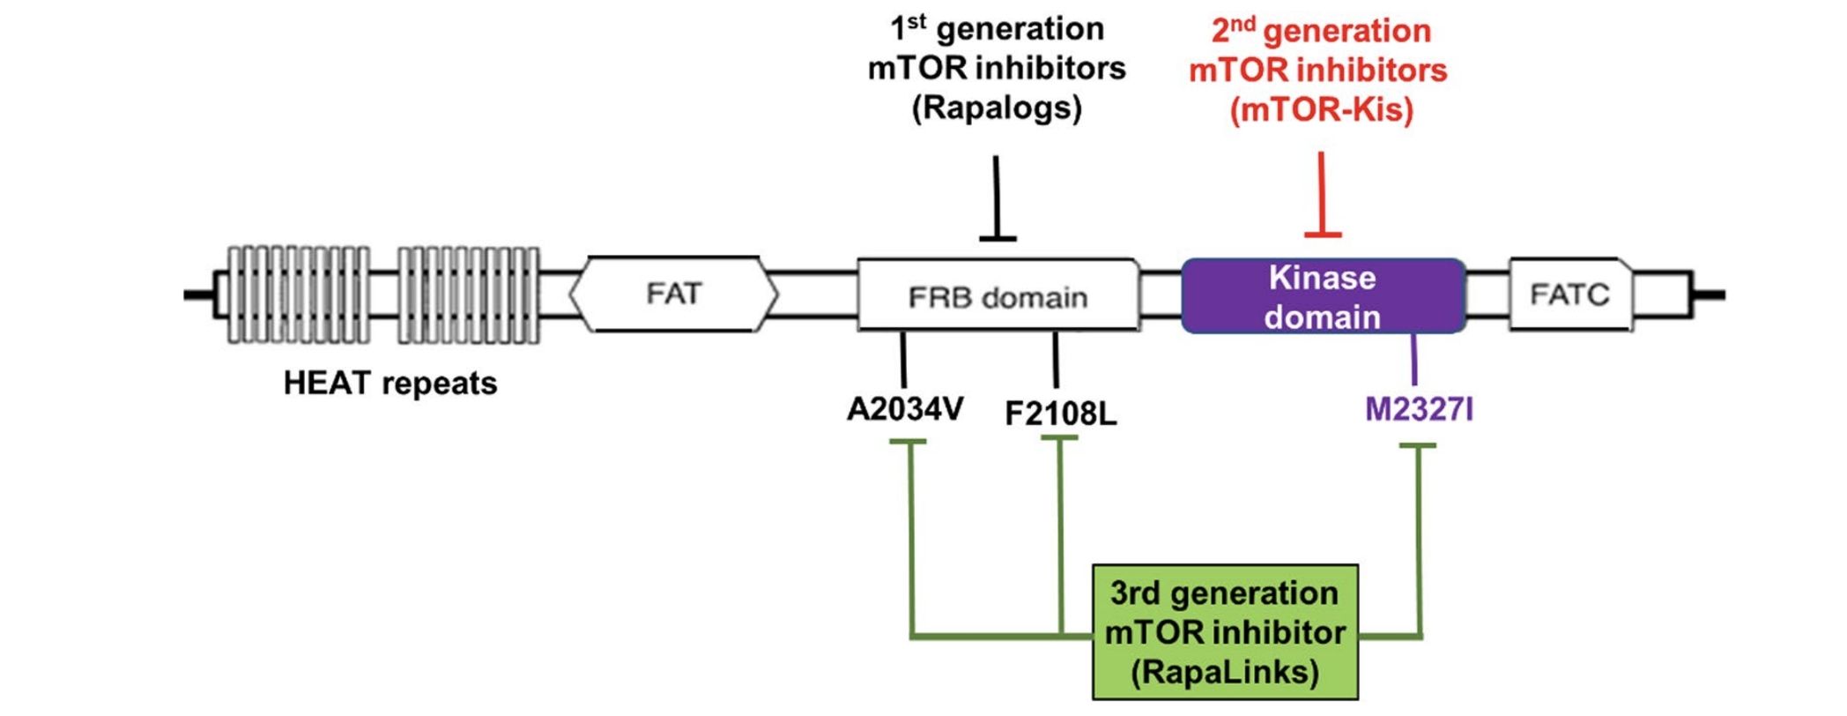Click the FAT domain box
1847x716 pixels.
pyautogui.click(x=673, y=294)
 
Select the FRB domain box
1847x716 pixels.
pyautogui.click(x=998, y=295)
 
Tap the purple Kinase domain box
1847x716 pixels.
pyautogui.click(x=1322, y=296)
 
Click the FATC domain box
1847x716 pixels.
pyautogui.click(x=1569, y=294)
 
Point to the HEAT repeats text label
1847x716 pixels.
pyautogui.click(x=390, y=384)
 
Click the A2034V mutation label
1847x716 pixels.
pyautogui.click(x=904, y=409)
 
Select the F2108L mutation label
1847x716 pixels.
pyautogui.click(x=1060, y=413)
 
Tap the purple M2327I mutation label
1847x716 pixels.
pyautogui.click(x=1418, y=409)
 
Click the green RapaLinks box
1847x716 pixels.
pyautogui.click(x=1224, y=632)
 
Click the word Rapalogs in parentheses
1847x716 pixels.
pyautogui.click(x=997, y=108)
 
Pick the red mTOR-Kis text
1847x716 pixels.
pyautogui.click(x=1320, y=109)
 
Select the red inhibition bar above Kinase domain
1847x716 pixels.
pyautogui.click(x=1323, y=234)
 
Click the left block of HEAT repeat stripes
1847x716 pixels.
pyautogui.click(x=298, y=295)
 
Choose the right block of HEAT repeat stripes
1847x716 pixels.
pyautogui.click(x=468, y=295)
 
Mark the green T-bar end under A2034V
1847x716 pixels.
pyautogui.click(x=909, y=443)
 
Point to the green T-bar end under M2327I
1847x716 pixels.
pyautogui.click(x=1418, y=446)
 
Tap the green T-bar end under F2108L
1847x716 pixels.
pyautogui.click(x=1059, y=439)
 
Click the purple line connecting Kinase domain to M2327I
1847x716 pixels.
pyautogui.click(x=1414, y=360)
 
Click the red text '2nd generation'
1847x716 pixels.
pyautogui.click(x=1320, y=31)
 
